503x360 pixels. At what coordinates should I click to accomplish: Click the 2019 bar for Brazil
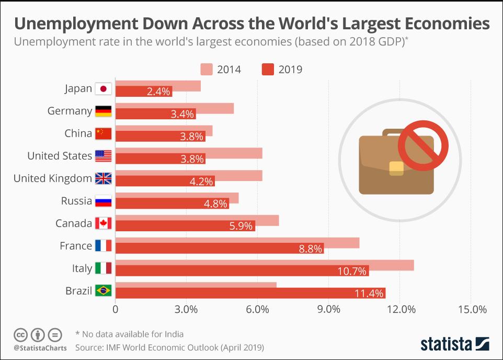[x=250, y=293]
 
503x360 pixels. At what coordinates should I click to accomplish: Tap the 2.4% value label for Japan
[x=158, y=92]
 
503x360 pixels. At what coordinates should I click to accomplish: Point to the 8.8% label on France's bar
[x=310, y=249]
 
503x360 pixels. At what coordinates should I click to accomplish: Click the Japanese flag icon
[x=103, y=89]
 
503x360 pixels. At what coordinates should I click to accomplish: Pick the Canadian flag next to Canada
[x=103, y=224]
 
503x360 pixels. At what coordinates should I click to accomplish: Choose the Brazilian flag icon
[x=103, y=291]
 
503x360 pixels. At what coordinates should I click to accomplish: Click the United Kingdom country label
[x=53, y=178]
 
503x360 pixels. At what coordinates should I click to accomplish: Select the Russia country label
[x=76, y=201]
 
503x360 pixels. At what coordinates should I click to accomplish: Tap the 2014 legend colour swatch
[x=206, y=69]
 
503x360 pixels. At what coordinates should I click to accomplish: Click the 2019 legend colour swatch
[x=268, y=69]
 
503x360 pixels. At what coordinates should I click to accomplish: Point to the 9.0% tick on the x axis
[x=329, y=309]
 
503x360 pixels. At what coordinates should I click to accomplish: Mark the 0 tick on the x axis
[x=115, y=309]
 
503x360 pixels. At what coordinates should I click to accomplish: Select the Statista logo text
[x=446, y=344]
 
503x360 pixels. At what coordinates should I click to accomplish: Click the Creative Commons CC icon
[x=20, y=334]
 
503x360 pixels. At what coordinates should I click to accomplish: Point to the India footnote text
[x=129, y=334]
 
